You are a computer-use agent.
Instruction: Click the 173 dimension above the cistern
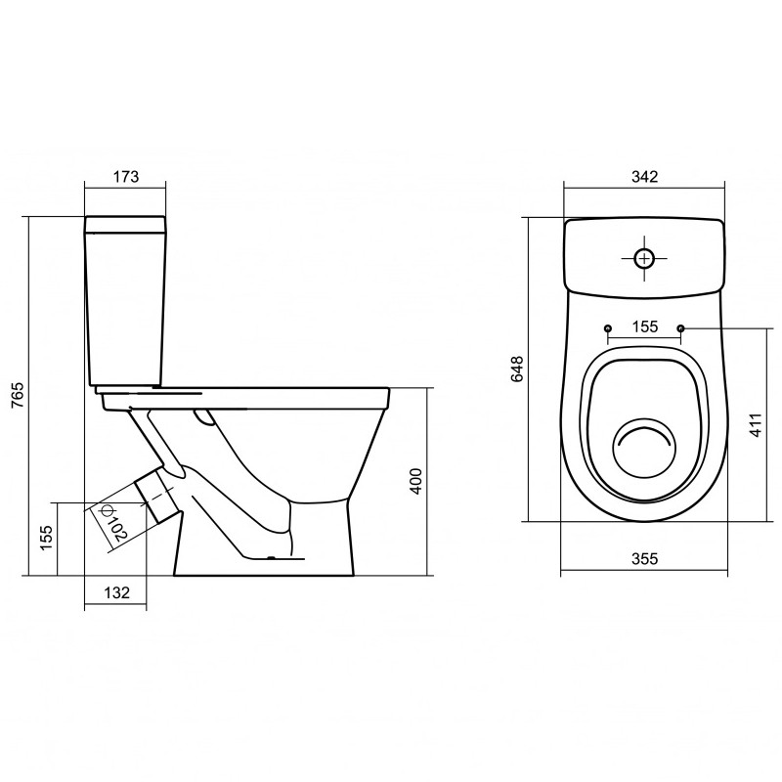point(126,177)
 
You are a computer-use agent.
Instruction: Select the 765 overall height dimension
point(18,396)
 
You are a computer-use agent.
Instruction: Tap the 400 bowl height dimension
point(416,481)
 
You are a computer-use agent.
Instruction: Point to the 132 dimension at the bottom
point(116,592)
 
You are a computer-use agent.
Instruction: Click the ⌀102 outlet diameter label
point(113,523)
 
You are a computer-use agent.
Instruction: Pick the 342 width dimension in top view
point(645,177)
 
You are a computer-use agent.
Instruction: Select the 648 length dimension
point(517,369)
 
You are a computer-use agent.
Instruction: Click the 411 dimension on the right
point(756,425)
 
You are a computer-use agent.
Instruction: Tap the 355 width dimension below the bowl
point(645,558)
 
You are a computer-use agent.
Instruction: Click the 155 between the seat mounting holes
point(645,326)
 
